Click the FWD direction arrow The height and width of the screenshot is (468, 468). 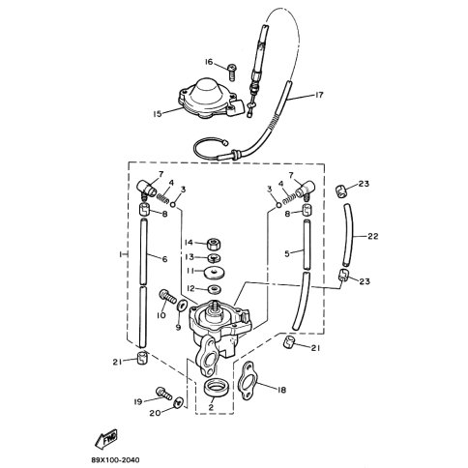106,439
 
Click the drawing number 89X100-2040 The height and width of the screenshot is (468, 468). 115,459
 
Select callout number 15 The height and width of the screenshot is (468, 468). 158,114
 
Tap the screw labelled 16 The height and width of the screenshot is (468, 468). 232,72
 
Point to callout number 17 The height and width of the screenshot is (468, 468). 318,95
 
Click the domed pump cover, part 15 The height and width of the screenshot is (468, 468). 208,99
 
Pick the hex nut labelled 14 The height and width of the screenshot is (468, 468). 214,245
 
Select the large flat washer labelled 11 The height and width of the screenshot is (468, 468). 215,273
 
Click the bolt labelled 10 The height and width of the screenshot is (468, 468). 167,298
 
